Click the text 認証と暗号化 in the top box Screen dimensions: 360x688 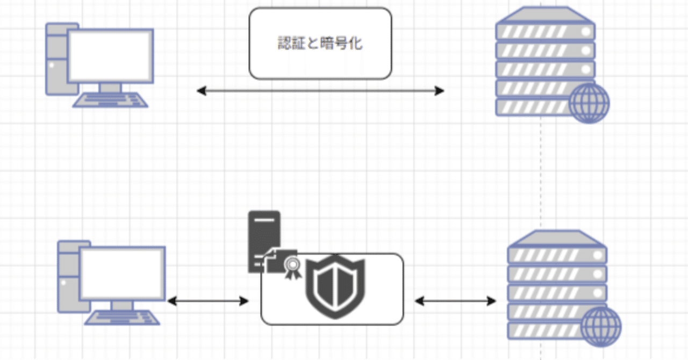[x=320, y=44]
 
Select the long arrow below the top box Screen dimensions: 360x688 [x=320, y=91]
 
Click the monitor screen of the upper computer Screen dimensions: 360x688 [x=110, y=55]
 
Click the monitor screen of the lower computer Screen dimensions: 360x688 [x=122, y=272]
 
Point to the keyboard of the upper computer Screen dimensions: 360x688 [x=111, y=100]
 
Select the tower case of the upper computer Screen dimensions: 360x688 [x=55, y=59]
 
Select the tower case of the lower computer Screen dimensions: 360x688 [x=67, y=277]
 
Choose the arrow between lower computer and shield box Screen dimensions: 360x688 [x=208, y=301]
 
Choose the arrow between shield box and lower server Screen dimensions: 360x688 [x=455, y=301]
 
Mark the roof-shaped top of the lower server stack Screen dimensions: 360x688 [x=557, y=237]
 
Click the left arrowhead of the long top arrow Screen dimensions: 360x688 [x=201, y=91]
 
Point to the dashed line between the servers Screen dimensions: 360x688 [x=541, y=172]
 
